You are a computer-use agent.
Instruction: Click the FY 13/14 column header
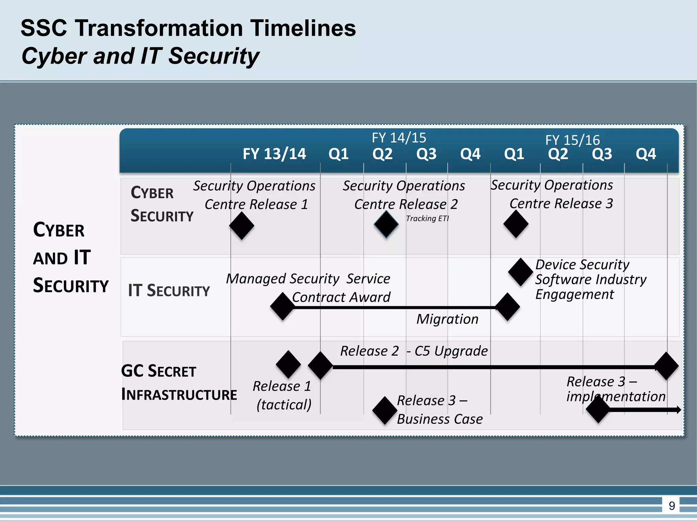(274, 154)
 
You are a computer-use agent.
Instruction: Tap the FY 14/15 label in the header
(399, 138)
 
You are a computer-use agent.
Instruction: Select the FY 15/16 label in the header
(572, 140)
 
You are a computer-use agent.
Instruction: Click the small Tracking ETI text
(427, 219)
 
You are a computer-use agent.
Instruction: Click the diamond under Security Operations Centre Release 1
(242, 226)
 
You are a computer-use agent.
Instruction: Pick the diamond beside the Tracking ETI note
(386, 224)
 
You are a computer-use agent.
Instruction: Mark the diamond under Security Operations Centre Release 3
(516, 224)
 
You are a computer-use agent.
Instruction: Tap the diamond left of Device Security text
(520, 272)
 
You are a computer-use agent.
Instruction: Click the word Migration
(447, 319)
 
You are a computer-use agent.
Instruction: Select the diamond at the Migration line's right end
(507, 307)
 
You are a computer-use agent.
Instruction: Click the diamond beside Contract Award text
(282, 306)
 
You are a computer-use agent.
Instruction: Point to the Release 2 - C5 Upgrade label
(414, 351)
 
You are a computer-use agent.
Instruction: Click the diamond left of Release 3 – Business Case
(385, 410)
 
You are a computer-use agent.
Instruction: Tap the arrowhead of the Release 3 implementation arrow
(679, 410)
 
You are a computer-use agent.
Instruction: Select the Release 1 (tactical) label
(282, 395)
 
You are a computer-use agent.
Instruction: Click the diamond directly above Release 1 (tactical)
(288, 364)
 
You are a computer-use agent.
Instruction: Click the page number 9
(671, 506)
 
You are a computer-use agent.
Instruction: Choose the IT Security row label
(169, 291)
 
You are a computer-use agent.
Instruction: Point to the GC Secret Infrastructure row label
(179, 382)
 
